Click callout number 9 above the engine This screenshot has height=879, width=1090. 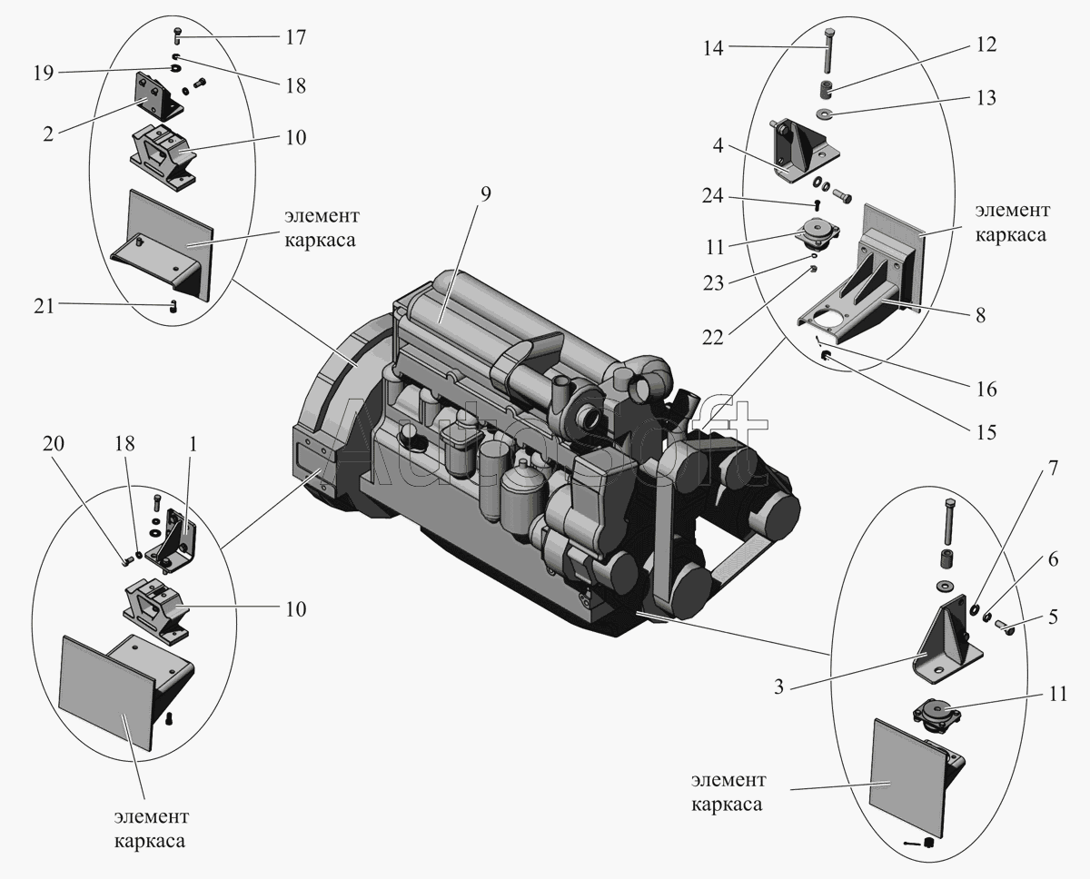(x=485, y=193)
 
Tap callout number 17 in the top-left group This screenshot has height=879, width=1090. (x=295, y=37)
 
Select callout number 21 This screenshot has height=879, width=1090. (x=44, y=306)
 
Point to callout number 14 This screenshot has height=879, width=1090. (x=713, y=48)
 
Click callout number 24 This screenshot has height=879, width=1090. (x=713, y=195)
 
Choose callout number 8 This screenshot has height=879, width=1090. (x=981, y=315)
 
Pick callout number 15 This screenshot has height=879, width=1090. (x=986, y=432)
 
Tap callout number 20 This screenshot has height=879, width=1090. (x=54, y=443)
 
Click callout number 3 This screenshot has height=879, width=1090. (x=779, y=686)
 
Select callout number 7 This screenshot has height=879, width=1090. (x=1053, y=469)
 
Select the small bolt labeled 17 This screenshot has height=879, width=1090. (x=177, y=37)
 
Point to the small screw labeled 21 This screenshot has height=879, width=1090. (x=173, y=305)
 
